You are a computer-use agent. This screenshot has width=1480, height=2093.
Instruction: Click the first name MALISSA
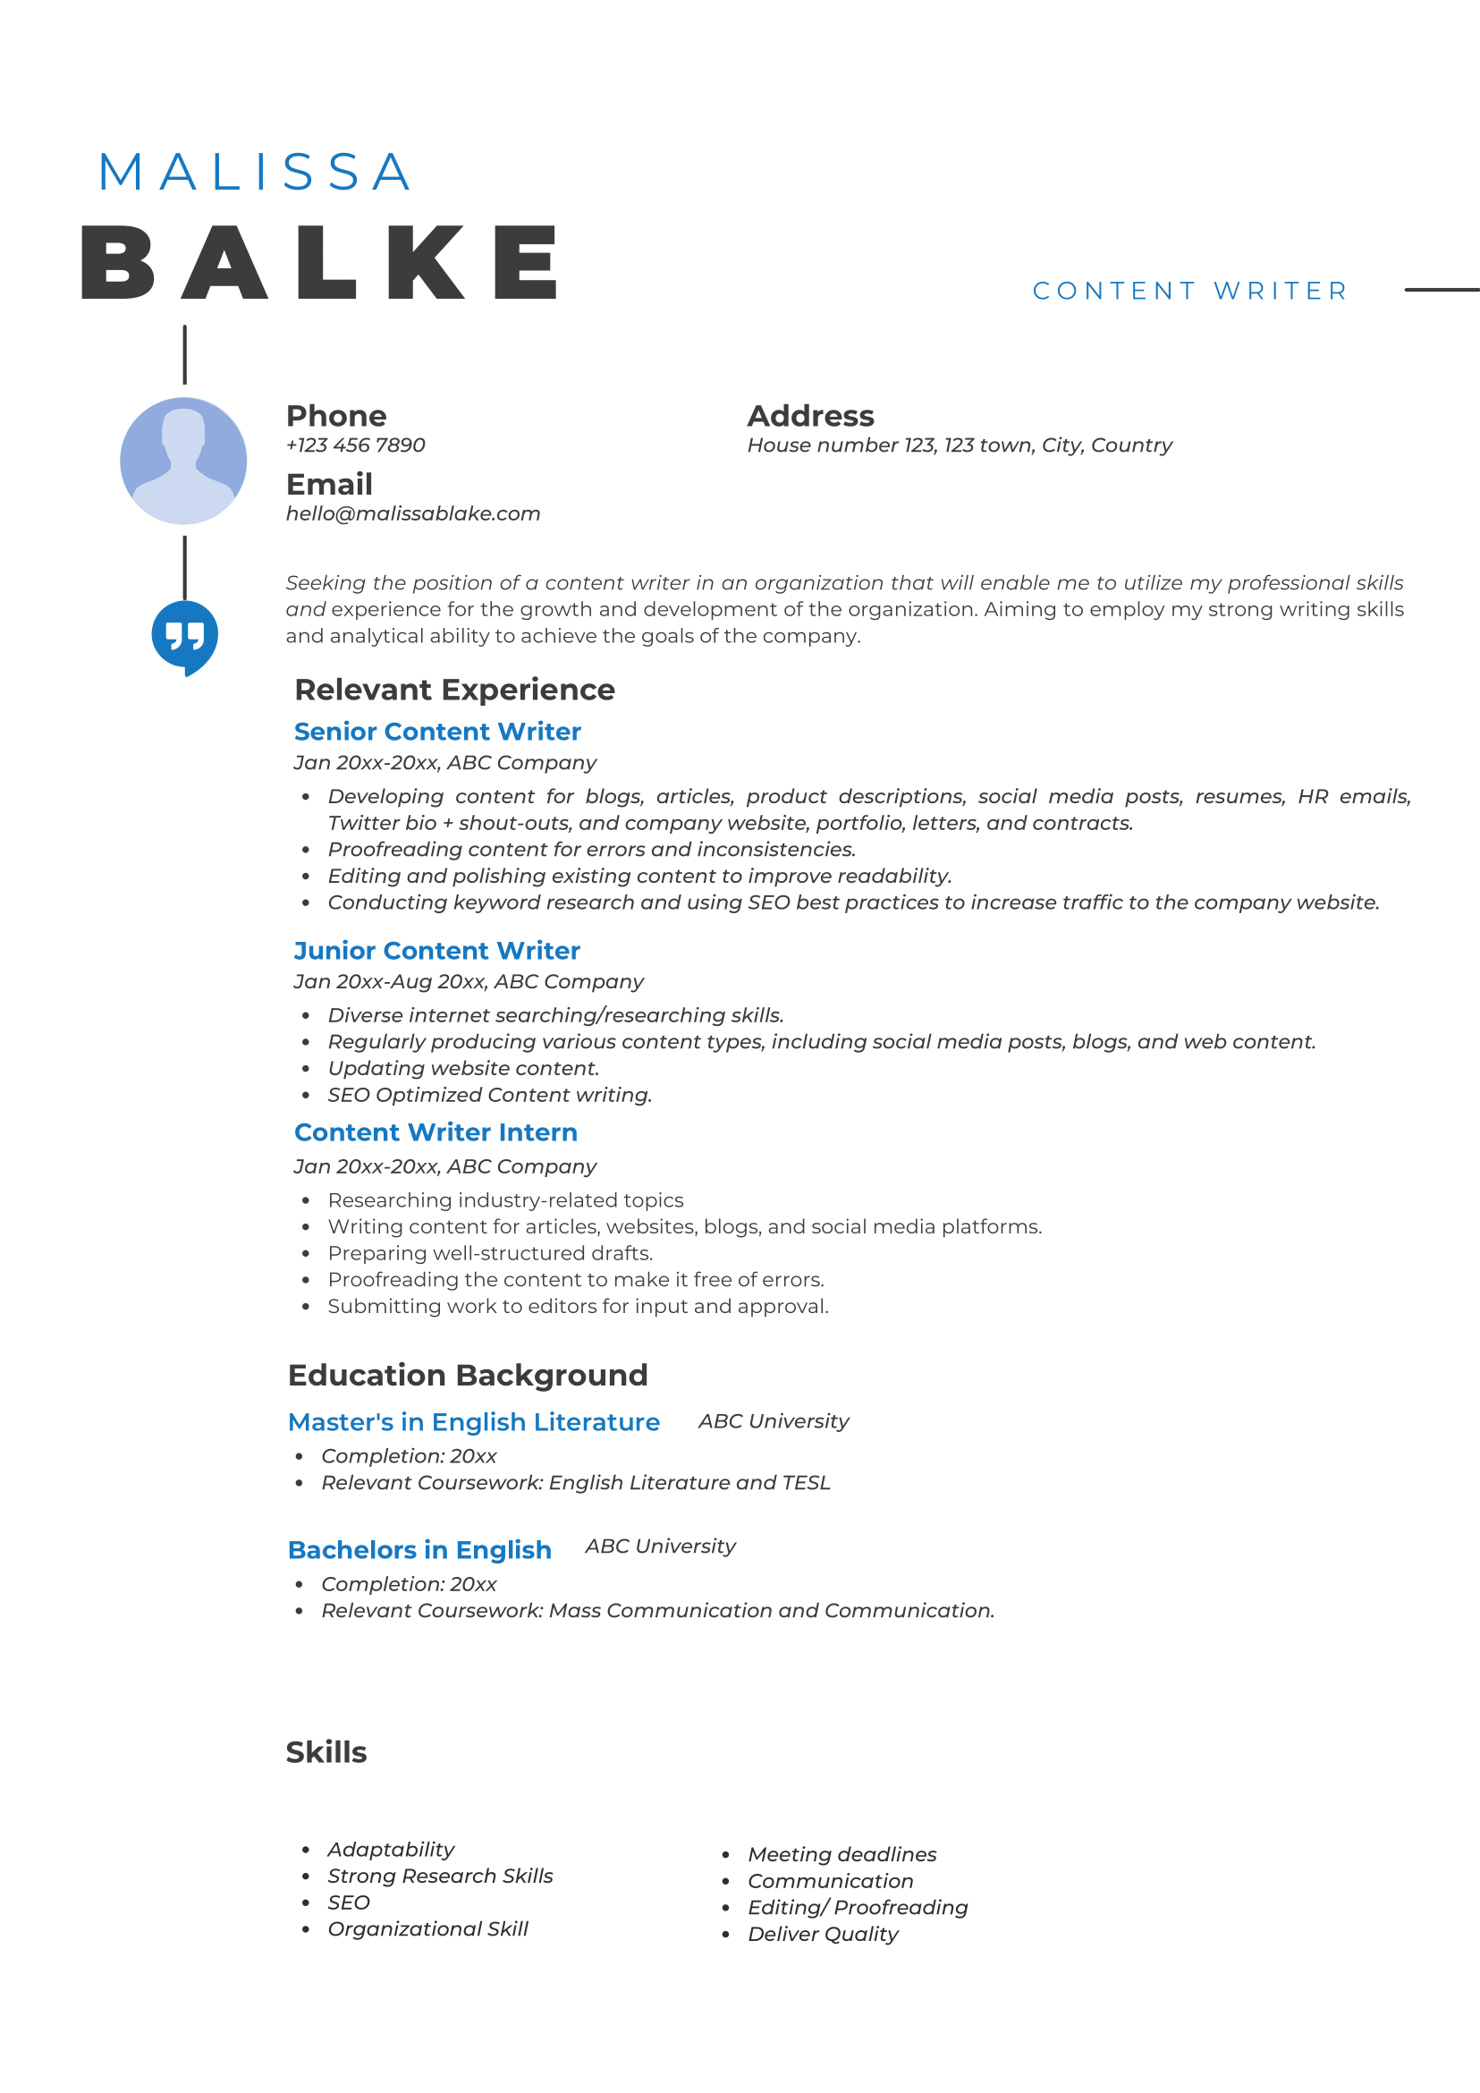coord(254,173)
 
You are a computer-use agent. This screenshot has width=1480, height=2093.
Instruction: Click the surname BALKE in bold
coord(320,264)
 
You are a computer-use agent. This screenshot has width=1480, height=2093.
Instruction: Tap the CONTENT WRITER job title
coord(1189,291)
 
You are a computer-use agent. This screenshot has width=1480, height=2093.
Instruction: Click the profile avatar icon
coord(183,461)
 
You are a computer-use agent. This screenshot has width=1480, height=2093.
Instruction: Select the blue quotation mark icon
coord(185,635)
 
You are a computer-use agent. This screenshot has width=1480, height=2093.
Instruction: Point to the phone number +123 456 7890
coord(355,445)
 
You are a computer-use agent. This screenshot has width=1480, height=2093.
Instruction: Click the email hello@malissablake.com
coord(413,513)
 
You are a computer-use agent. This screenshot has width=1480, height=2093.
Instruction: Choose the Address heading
coord(810,416)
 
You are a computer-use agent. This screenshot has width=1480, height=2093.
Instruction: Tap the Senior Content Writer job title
coord(437,731)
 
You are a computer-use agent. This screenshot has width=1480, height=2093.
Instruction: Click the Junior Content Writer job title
coord(436,950)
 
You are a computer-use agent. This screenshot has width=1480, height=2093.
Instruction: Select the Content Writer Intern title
coord(436,1131)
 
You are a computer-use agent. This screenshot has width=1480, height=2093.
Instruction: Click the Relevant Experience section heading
coord(455,689)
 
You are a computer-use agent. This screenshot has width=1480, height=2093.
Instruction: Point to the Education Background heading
coord(468,1375)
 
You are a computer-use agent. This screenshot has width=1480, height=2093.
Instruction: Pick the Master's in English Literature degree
coord(474,1421)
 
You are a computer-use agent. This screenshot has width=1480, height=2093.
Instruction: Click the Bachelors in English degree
coord(419,1549)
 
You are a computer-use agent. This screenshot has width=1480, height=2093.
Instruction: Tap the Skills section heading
coord(326,1752)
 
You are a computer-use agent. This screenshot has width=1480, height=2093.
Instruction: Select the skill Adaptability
coord(391,1849)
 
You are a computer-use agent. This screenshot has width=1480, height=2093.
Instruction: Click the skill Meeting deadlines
coord(842,1854)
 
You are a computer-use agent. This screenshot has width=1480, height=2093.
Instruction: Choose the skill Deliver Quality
coord(823,1934)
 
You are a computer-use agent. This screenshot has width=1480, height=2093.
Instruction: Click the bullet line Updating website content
coord(463,1067)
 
